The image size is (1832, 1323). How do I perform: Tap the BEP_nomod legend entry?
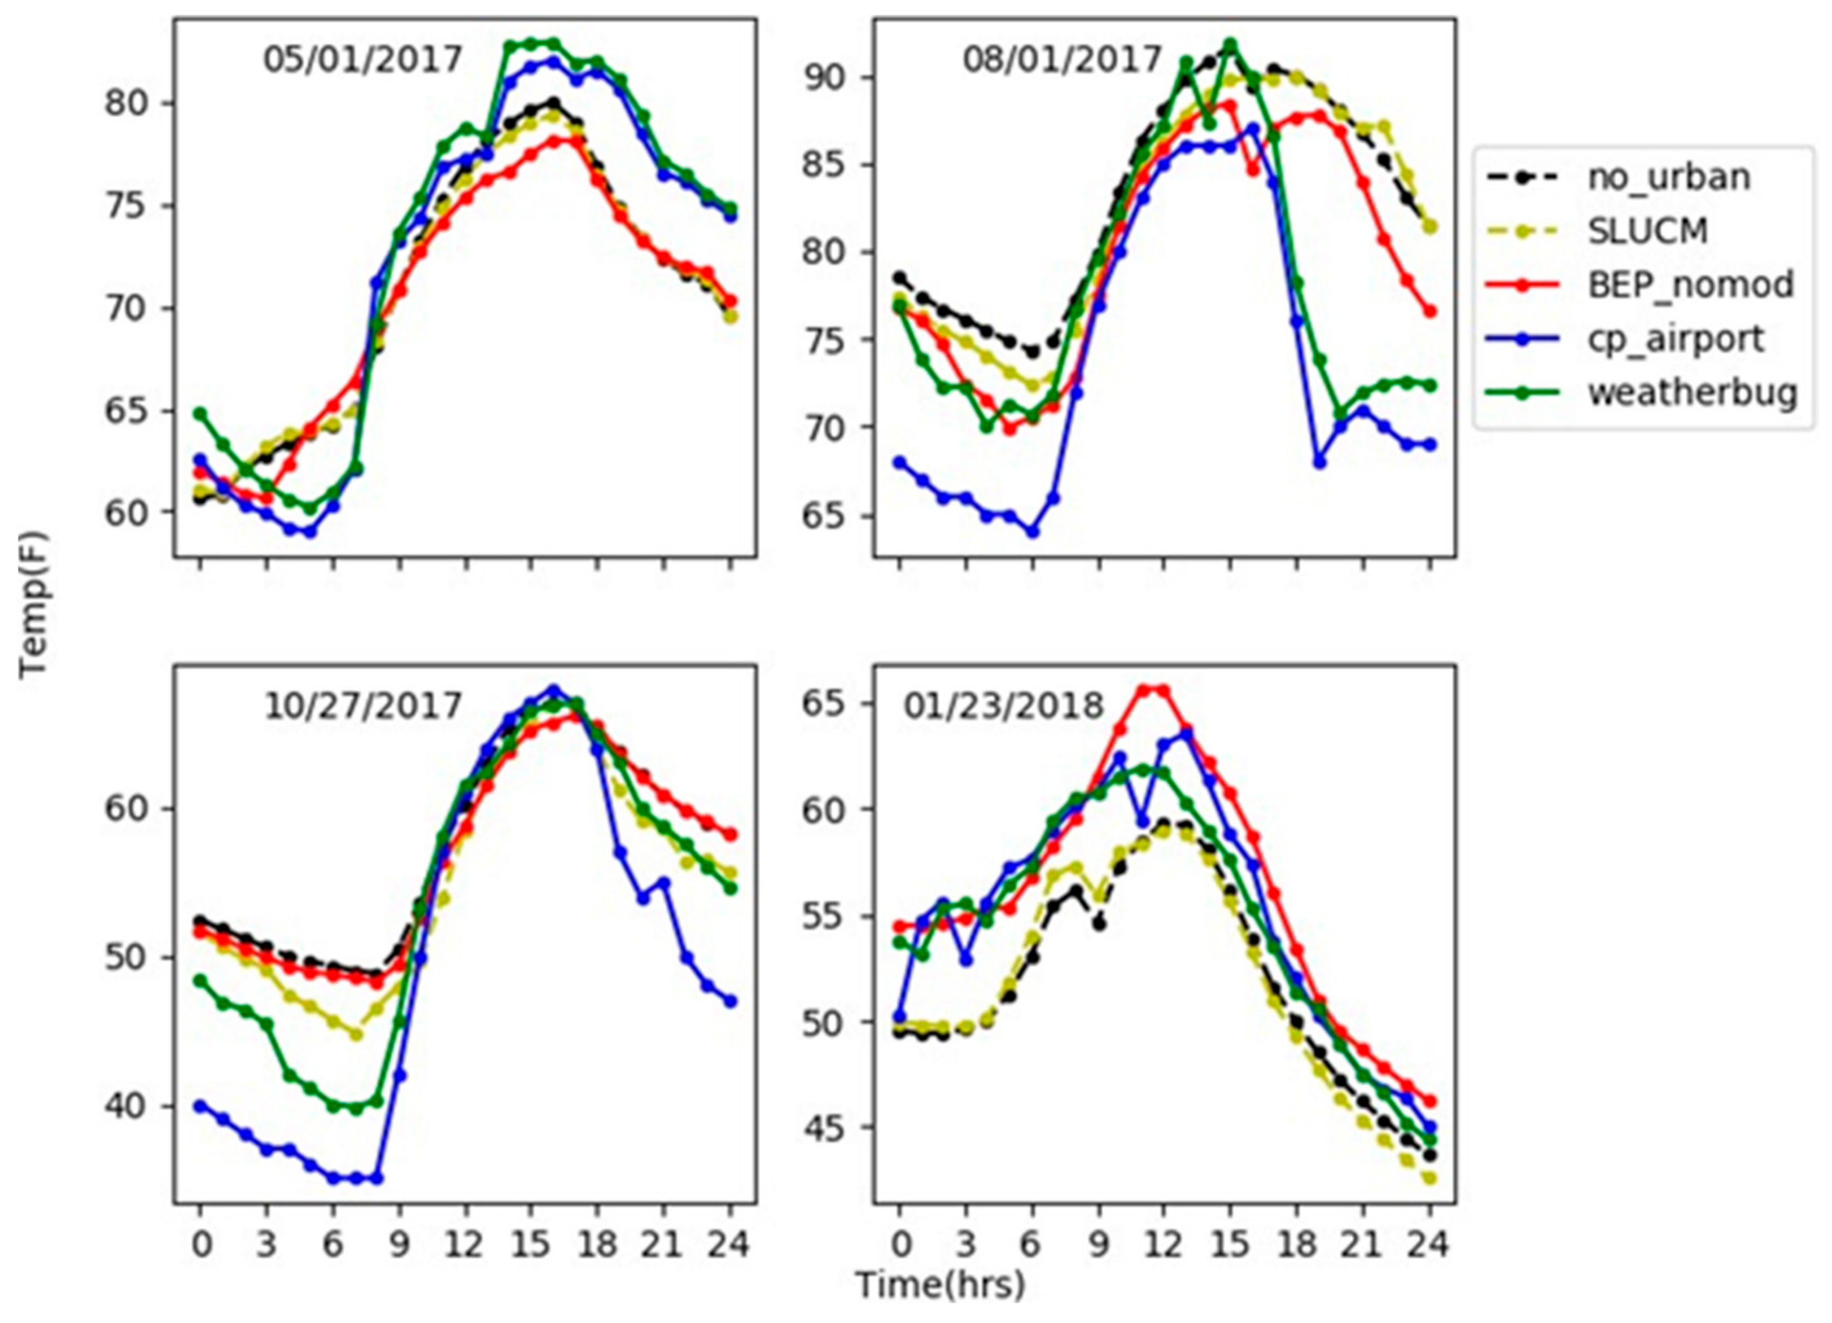pos(1690,285)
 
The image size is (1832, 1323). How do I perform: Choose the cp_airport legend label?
pos(1675,339)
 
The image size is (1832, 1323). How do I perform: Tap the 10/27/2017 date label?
pos(362,707)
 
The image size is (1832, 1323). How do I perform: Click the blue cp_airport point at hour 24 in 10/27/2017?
pos(730,1001)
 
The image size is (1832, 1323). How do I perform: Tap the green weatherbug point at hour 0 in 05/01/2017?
pos(200,413)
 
